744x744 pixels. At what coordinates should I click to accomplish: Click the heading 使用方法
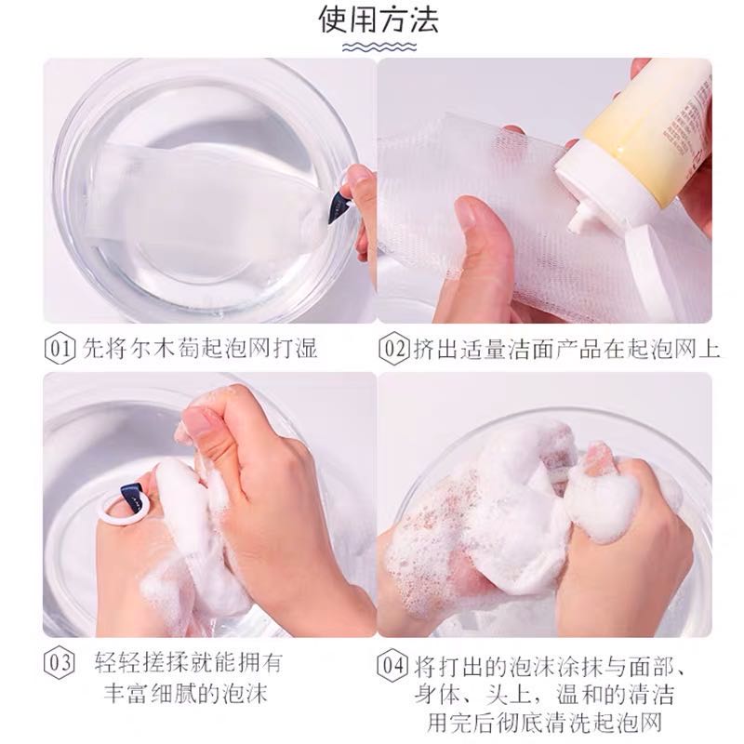(379, 20)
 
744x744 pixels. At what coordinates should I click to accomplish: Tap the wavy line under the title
(379, 47)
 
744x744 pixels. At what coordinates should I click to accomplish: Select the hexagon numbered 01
(60, 349)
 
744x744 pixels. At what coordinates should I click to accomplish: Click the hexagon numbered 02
(393, 349)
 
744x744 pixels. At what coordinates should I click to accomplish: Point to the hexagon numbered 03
(60, 663)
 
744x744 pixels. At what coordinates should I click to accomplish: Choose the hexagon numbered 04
(392, 666)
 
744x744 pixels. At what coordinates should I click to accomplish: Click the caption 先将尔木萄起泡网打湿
(200, 348)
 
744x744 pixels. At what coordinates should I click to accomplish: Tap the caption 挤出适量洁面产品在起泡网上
(566, 349)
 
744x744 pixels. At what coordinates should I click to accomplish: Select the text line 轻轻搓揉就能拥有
(189, 662)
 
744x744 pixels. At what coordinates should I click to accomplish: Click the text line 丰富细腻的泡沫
(186, 693)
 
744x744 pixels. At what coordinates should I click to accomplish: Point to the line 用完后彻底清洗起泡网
(544, 723)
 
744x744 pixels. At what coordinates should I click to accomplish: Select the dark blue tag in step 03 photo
(134, 498)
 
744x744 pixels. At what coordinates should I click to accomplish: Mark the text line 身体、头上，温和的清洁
(544, 695)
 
